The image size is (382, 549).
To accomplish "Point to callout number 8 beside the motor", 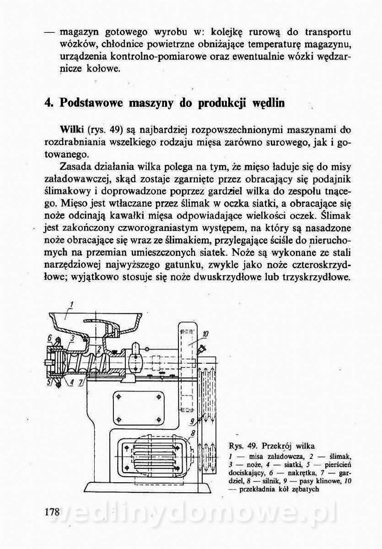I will pos(193,432).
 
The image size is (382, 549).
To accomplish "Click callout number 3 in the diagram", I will pos(72,338).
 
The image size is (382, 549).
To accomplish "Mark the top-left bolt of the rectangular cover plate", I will pos(118,396).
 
